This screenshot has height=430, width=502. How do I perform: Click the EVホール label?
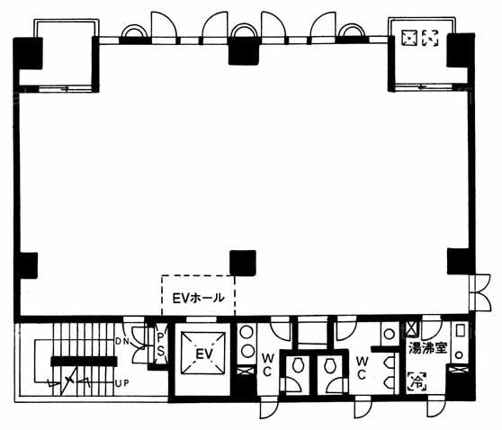pyautogui.click(x=198, y=298)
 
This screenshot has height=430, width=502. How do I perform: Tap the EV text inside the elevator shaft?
pyautogui.click(x=204, y=354)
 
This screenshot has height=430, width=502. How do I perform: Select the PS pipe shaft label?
pyautogui.click(x=160, y=345)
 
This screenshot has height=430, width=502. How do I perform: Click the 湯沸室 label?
pyautogui.click(x=427, y=348)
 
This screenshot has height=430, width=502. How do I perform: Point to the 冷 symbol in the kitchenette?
pyautogui.click(x=417, y=381)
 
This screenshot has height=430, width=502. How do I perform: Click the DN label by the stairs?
pyautogui.click(x=122, y=342)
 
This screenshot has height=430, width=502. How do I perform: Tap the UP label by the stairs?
pyautogui.click(x=122, y=383)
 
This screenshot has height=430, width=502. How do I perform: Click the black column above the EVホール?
pyautogui.click(x=243, y=263)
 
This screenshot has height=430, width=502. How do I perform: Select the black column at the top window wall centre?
pyautogui.click(x=243, y=50)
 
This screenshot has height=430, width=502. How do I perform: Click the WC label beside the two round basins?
pyautogui.click(x=267, y=364)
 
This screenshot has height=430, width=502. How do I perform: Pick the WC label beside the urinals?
pyautogui.click(x=362, y=368)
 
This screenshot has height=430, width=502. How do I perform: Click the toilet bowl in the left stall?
pyautogui.click(x=298, y=365)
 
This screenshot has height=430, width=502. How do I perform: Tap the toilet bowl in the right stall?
pyautogui.click(x=330, y=365)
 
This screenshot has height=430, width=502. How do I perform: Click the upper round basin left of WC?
pyautogui.click(x=247, y=332)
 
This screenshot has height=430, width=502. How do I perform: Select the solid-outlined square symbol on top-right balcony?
pyautogui.click(x=409, y=38)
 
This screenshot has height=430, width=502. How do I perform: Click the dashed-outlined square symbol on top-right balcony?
pyautogui.click(x=430, y=38)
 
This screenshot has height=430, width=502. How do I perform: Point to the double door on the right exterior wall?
pyautogui.click(x=480, y=292)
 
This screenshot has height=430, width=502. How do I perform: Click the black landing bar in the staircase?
pyautogui.click(x=84, y=362)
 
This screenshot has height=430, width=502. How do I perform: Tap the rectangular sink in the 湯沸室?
pyautogui.click(x=460, y=330)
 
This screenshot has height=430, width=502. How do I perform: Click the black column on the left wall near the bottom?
pyautogui.click(x=26, y=265)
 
